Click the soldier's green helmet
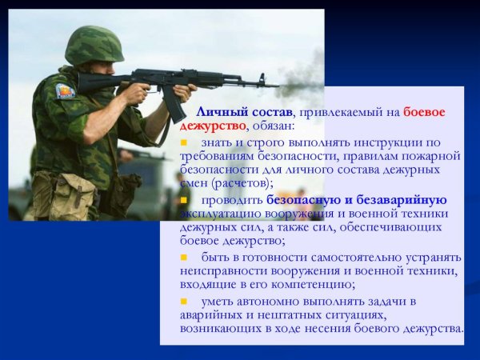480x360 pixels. coord(94,44)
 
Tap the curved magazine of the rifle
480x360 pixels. coord(174,102)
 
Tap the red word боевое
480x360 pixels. coord(423,113)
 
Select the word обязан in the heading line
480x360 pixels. coord(272,126)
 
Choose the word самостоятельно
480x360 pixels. coord(366,257)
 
